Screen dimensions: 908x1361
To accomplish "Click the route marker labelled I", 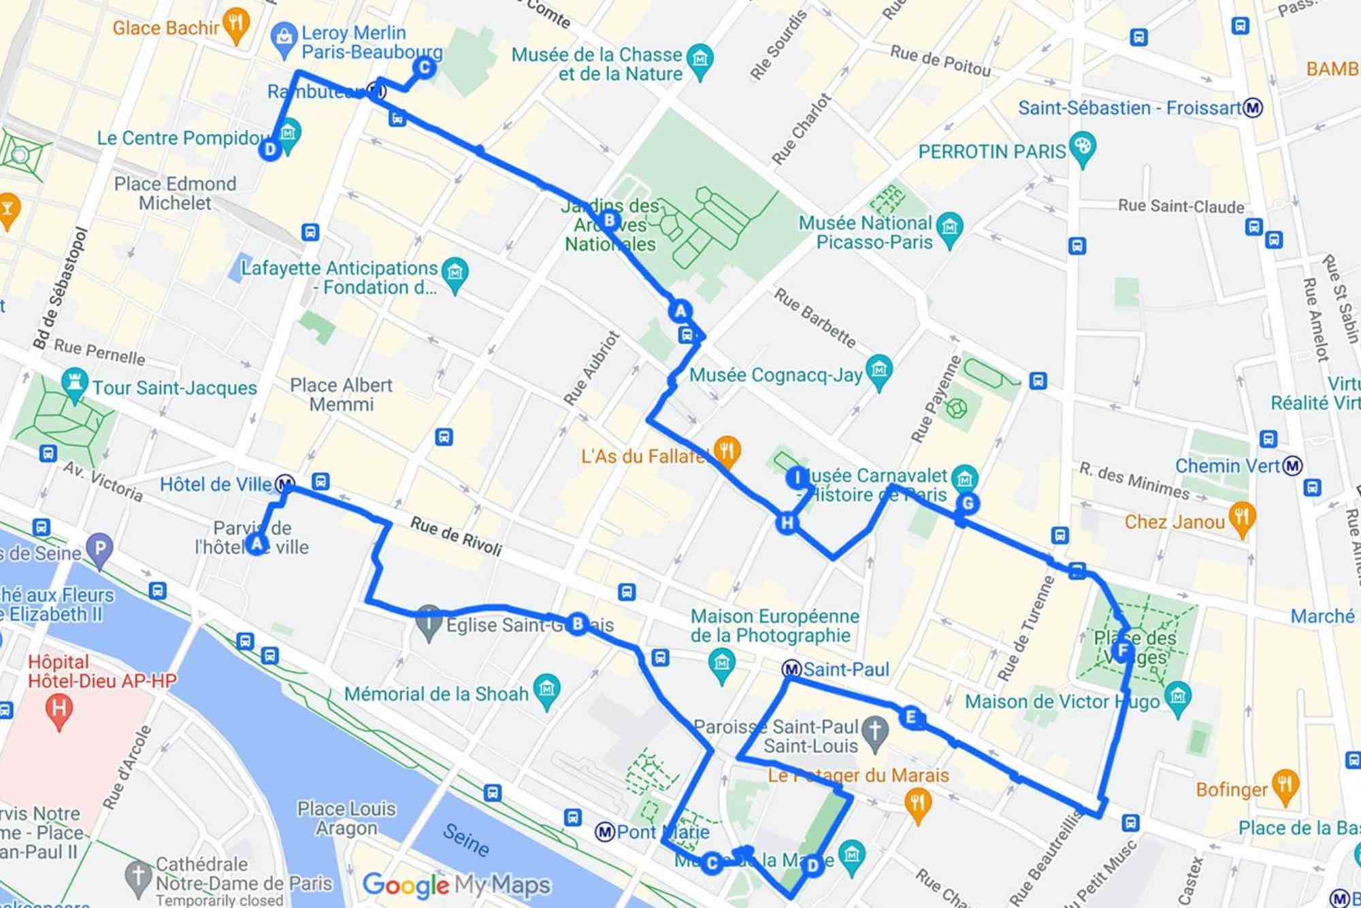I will tap(797, 478).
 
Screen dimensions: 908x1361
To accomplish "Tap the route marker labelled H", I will tap(787, 522).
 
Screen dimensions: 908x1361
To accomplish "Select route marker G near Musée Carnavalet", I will tap(967, 503).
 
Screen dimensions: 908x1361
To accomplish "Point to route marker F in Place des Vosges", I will tap(1123, 651).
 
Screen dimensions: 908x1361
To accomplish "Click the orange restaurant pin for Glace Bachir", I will tap(235, 25).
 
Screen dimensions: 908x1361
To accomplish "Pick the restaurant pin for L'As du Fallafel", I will tap(727, 452).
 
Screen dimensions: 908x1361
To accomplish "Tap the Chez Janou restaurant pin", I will tap(1242, 518).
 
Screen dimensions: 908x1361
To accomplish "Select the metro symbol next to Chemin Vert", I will tap(1292, 466).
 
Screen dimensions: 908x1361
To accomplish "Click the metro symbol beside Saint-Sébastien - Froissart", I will tap(1253, 107).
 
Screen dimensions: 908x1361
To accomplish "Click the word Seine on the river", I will tap(466, 840).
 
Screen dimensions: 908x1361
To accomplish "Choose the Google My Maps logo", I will tap(456, 885).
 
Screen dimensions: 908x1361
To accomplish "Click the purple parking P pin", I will tap(100, 549).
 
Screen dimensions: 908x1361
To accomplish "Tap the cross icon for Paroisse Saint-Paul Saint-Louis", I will tap(875, 731).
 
